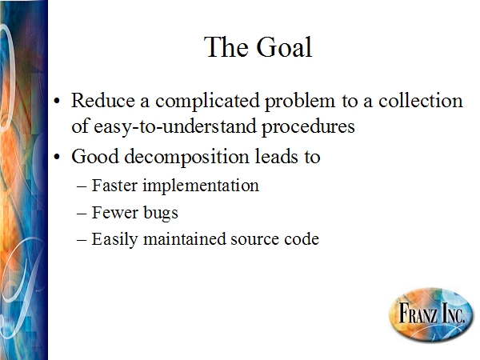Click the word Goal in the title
pyautogui.click(x=284, y=47)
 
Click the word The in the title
pyautogui.click(x=226, y=47)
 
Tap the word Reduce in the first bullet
pyautogui.click(x=103, y=101)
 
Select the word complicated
pyautogui.click(x=207, y=102)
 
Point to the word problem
pyautogui.click(x=300, y=102)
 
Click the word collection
pyautogui.click(x=421, y=101)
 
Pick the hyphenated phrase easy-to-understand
pyautogui.click(x=174, y=126)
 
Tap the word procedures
pyautogui.click(x=308, y=126)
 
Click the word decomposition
pyautogui.click(x=186, y=158)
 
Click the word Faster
pyautogui.click(x=114, y=186)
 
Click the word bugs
pyautogui.click(x=161, y=214)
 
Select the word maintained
pyautogui.click(x=184, y=239)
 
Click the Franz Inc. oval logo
pyautogui.click(x=431, y=314)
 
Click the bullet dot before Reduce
pyautogui.click(x=57, y=101)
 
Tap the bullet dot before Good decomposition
pyautogui.click(x=57, y=157)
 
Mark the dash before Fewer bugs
pyautogui.click(x=82, y=214)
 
